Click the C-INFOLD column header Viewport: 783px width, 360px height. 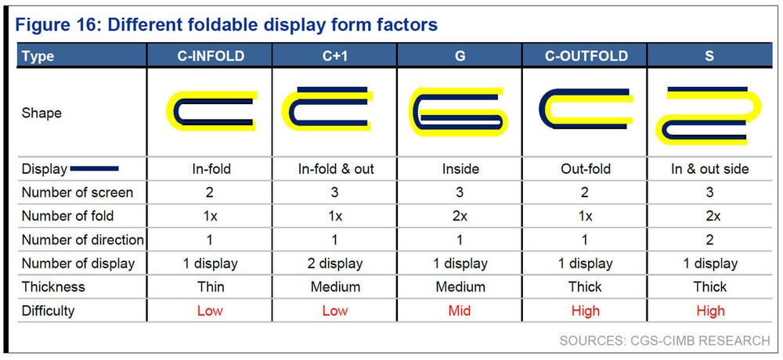pos(211,56)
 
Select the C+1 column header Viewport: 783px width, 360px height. pos(334,56)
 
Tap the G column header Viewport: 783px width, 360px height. pos(460,56)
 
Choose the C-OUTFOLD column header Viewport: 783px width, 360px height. pos(584,56)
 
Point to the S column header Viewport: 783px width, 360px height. pos(709,56)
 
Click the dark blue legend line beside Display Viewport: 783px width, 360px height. pos(95,169)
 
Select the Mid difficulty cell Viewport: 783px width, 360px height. pos(460,311)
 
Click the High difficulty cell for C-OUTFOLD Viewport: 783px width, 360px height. pos(585,311)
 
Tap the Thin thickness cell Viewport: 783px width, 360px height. pos(210,287)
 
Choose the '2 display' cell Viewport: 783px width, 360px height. pos(334,263)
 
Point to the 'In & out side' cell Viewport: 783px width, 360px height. pos(709,169)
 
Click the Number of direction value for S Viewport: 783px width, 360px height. pos(709,239)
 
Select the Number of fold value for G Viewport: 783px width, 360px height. pos(460,216)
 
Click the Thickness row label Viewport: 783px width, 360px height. pos(53,287)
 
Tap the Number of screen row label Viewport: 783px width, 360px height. pos(77,193)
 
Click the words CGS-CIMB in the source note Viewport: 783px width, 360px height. pos(659,340)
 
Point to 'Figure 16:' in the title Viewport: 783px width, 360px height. pos(56,24)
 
